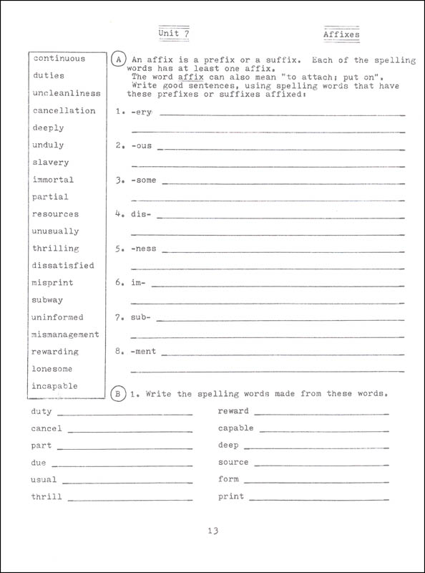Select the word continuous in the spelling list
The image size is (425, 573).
pos(59,59)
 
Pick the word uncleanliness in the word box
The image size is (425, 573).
pos(67,93)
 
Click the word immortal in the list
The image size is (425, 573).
pos(53,180)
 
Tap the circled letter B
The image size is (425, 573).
pos(119,393)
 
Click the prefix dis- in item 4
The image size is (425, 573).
pos(141,214)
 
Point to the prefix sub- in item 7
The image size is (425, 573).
pos(141,317)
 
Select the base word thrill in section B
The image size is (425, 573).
pos(47,496)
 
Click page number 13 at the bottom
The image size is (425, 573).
pos(212,531)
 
